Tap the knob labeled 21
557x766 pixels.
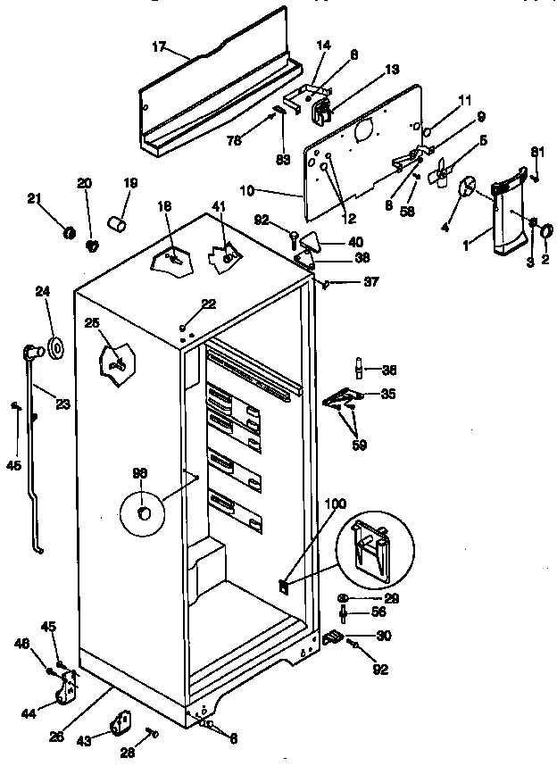(69, 233)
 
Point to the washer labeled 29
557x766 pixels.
(345, 597)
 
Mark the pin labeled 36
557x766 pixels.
(358, 367)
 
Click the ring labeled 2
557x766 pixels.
(542, 232)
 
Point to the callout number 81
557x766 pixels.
(536, 152)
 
